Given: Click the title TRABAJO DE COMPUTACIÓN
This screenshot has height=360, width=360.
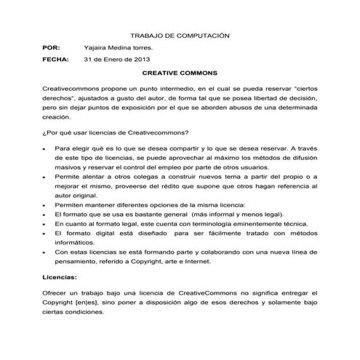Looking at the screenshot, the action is (179, 34).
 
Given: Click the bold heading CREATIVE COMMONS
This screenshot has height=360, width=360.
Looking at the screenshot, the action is (179, 73).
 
